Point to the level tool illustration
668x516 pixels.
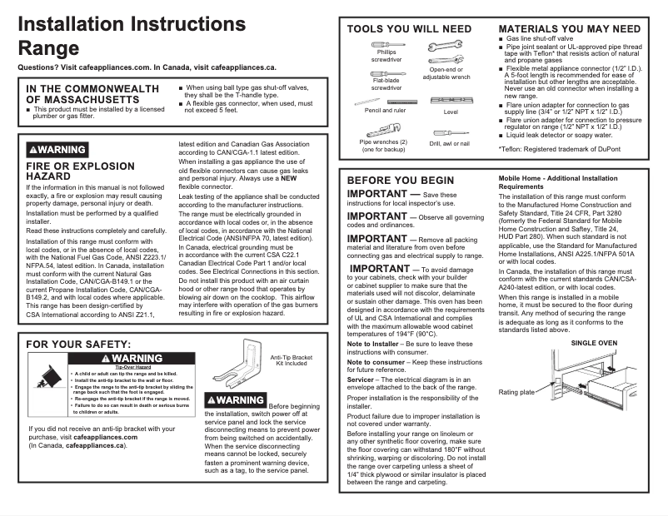coord(451,100)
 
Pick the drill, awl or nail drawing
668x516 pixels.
coord(450,131)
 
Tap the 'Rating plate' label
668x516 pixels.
coord(516,392)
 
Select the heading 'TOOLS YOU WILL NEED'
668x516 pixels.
coord(409,28)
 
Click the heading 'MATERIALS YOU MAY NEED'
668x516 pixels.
coord(569,28)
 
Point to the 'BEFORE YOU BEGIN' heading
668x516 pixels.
coord(401,180)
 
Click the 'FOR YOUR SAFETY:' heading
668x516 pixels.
coord(78,344)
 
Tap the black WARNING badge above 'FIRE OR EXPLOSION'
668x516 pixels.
coord(57,150)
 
